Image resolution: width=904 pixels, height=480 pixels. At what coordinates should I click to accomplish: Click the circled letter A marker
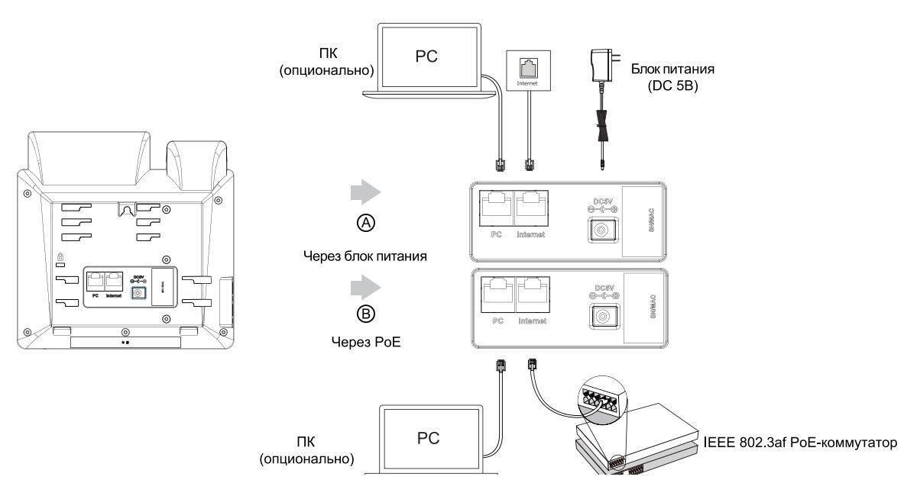[366, 223]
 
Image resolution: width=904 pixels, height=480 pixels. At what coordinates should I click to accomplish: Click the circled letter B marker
[366, 314]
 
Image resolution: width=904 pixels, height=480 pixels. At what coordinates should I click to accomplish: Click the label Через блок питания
[365, 256]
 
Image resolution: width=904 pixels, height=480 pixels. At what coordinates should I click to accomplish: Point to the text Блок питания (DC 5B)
[662, 76]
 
